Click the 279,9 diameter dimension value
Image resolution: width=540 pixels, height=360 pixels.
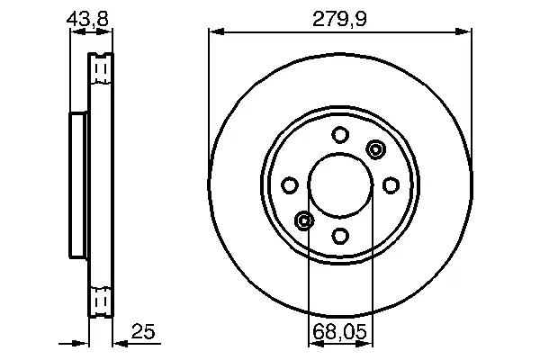tap(339, 19)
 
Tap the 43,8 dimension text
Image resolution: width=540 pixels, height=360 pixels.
tap(87, 19)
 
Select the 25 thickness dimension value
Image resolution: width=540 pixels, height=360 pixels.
tap(143, 331)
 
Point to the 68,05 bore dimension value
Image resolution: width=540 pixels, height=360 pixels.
tap(340, 332)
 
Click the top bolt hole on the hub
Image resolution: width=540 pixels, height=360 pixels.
tap(340, 134)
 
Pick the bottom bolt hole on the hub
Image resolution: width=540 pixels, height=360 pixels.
tap(340, 236)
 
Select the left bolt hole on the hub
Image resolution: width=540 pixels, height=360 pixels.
tap(290, 185)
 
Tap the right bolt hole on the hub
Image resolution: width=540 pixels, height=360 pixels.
tap(391, 185)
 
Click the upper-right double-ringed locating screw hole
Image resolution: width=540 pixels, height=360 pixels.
tap(375, 149)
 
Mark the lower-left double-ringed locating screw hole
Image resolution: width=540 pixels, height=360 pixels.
tap(304, 220)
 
